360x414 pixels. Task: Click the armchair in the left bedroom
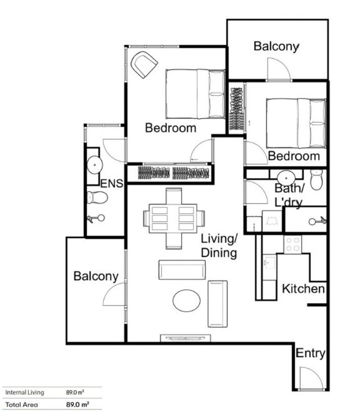[144, 65]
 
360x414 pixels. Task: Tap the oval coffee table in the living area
[186, 301]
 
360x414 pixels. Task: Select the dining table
[173, 218]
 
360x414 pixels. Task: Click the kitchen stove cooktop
[292, 245]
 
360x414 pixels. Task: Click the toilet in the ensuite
[97, 197]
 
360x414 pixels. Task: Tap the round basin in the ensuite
[94, 165]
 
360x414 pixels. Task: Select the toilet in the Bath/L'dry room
[316, 180]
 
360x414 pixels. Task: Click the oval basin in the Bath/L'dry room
[286, 176]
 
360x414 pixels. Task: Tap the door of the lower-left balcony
[114, 294]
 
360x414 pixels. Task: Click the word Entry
[310, 353]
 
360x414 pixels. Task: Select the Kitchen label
[303, 289]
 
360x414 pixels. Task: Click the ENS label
[112, 183]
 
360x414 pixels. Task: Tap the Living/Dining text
[219, 246]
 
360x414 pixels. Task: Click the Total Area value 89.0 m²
[77, 405]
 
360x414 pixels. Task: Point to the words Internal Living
[25, 392]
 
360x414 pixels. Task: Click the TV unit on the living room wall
[185, 338]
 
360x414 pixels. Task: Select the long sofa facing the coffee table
[182, 269]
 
